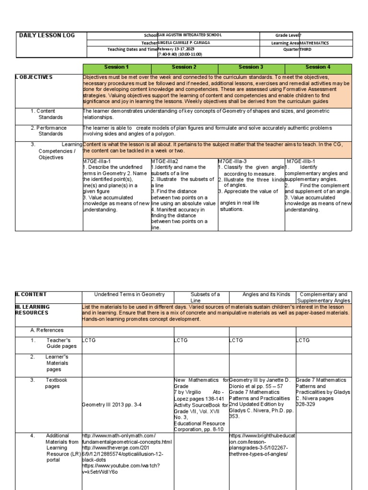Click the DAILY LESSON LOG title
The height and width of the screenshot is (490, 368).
[x=46, y=35]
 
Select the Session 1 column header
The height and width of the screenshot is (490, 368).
[x=116, y=67]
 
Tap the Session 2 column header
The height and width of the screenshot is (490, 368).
[x=184, y=67]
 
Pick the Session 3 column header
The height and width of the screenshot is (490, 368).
[x=251, y=67]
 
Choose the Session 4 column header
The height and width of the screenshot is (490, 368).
[x=318, y=67]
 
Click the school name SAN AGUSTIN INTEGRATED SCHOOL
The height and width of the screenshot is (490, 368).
[x=189, y=35]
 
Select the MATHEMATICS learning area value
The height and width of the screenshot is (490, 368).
[x=314, y=43]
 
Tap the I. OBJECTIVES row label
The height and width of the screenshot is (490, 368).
[x=34, y=77]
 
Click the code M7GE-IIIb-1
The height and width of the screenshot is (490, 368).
[x=302, y=161]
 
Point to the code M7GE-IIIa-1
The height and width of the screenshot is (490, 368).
[x=97, y=161]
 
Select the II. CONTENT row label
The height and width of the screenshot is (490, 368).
[x=31, y=294]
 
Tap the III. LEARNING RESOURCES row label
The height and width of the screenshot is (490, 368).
[x=32, y=310]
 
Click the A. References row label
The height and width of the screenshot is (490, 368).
[x=46, y=330]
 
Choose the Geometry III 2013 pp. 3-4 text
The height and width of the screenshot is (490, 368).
[x=111, y=404]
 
